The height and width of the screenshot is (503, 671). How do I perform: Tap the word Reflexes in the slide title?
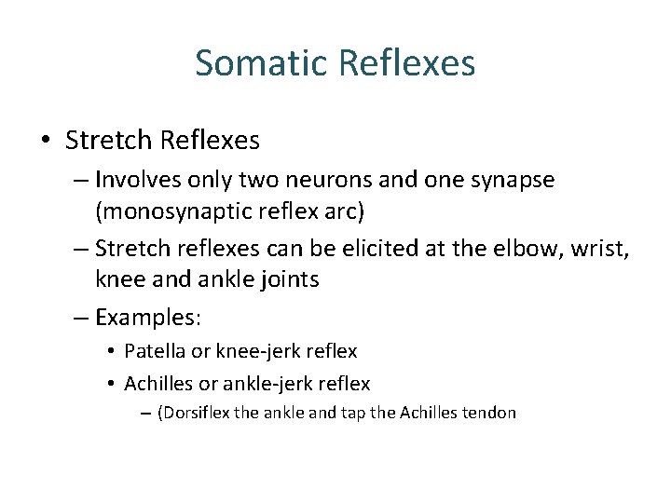point(408,63)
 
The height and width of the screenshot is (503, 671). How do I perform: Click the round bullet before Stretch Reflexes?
point(46,142)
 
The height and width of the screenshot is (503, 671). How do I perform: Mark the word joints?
point(285,279)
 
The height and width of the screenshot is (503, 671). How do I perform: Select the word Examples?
point(148,318)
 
